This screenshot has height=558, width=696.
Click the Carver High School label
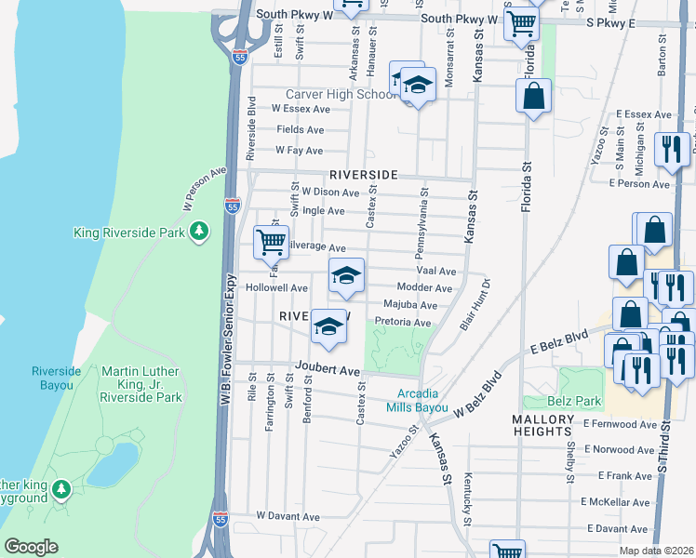click(x=341, y=95)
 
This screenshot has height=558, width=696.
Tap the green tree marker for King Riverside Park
click(x=198, y=232)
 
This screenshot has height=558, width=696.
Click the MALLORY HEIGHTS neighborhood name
click(x=555, y=425)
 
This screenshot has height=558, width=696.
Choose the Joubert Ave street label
click(x=328, y=370)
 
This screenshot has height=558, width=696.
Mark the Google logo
click(x=31, y=546)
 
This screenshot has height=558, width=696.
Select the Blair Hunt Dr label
click(x=475, y=305)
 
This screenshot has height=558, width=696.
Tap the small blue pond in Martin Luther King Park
click(x=112, y=463)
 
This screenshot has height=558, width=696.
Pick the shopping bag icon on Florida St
click(x=534, y=96)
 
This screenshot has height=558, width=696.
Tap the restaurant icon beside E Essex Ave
click(x=671, y=149)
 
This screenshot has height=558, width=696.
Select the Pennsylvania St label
click(x=423, y=226)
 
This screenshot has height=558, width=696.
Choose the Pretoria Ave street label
click(x=402, y=322)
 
